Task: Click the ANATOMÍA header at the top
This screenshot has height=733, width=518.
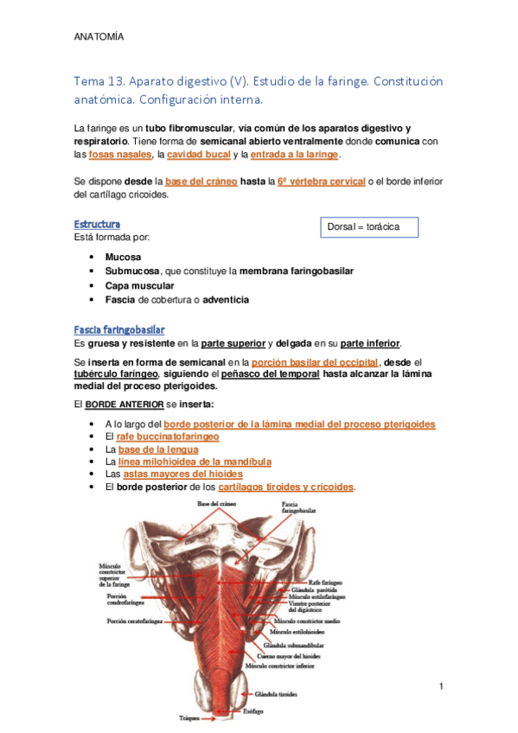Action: coord(99,37)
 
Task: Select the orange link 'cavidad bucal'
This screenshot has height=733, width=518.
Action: coord(198,155)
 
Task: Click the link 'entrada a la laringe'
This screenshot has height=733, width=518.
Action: coord(295,155)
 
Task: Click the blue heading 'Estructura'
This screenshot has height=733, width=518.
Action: coord(97,224)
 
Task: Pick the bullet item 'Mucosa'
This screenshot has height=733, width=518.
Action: coord(124,258)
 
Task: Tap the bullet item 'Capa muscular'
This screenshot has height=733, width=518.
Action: coord(139,285)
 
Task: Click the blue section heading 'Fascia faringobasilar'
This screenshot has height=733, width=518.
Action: coord(119,329)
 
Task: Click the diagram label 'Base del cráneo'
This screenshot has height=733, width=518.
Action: coord(215,504)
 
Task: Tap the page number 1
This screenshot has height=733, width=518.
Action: coord(441,687)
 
